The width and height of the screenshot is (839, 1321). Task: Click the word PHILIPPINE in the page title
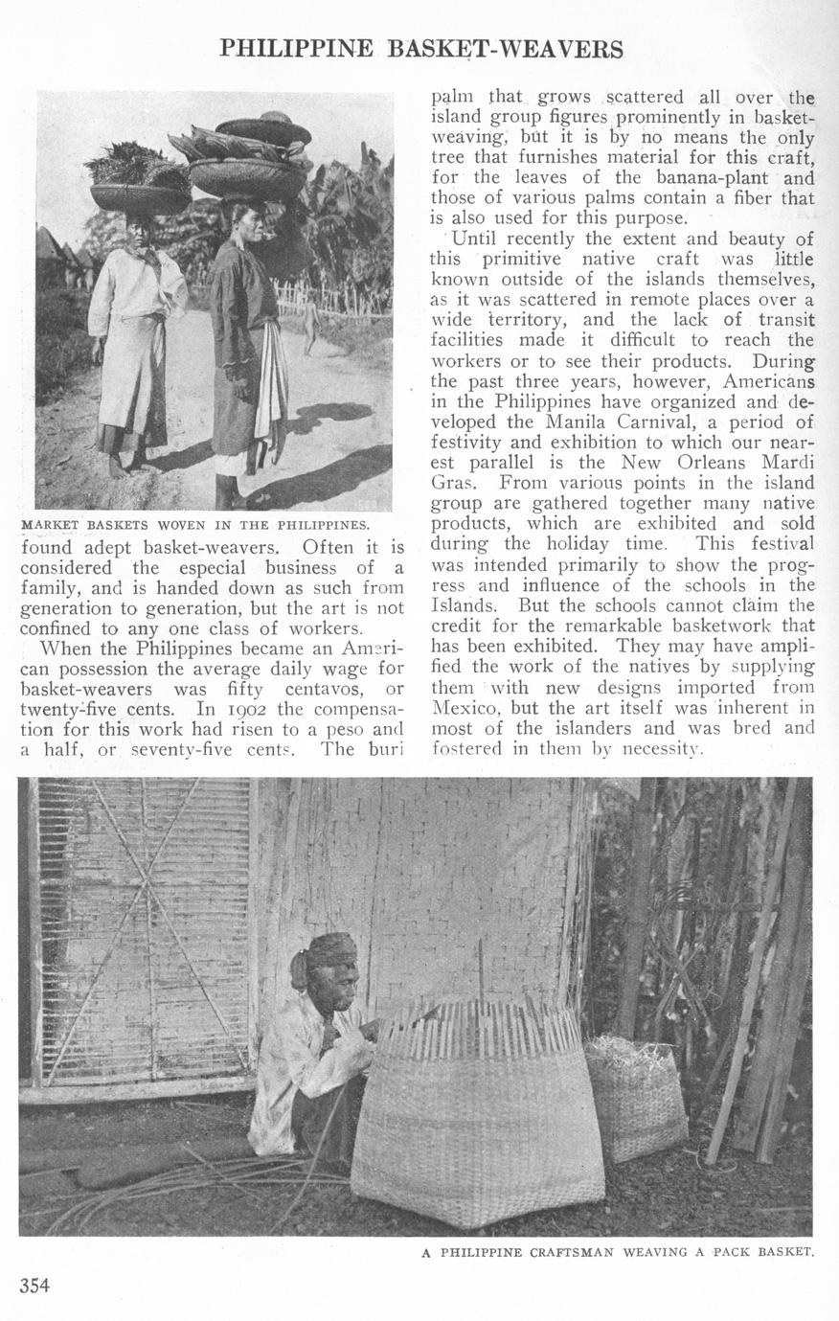coord(296,49)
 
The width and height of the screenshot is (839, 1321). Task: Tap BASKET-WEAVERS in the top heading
coord(506,49)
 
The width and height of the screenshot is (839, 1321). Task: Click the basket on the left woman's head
coord(141,195)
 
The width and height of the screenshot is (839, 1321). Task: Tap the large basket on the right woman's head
coord(247,176)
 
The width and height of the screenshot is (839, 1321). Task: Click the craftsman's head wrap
coord(329,950)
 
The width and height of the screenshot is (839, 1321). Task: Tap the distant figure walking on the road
coord(308,329)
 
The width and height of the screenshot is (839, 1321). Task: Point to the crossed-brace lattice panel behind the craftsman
coord(144,929)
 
